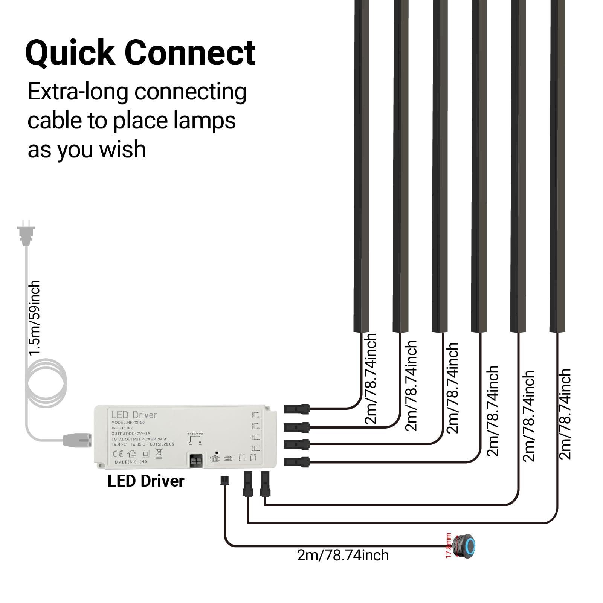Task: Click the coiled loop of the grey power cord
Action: [x=46, y=382]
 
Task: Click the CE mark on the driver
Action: [x=118, y=453]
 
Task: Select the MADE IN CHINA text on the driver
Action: [x=130, y=462]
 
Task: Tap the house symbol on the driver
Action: [x=131, y=453]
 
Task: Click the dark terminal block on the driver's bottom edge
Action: [x=196, y=460]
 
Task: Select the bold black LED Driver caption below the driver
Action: [x=146, y=481]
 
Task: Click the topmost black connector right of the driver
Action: [x=296, y=409]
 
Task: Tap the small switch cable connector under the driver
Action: [x=224, y=481]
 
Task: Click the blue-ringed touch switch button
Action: [x=467, y=546]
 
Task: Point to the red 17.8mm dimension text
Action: [x=448, y=545]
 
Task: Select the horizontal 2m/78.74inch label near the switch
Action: [x=343, y=556]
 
